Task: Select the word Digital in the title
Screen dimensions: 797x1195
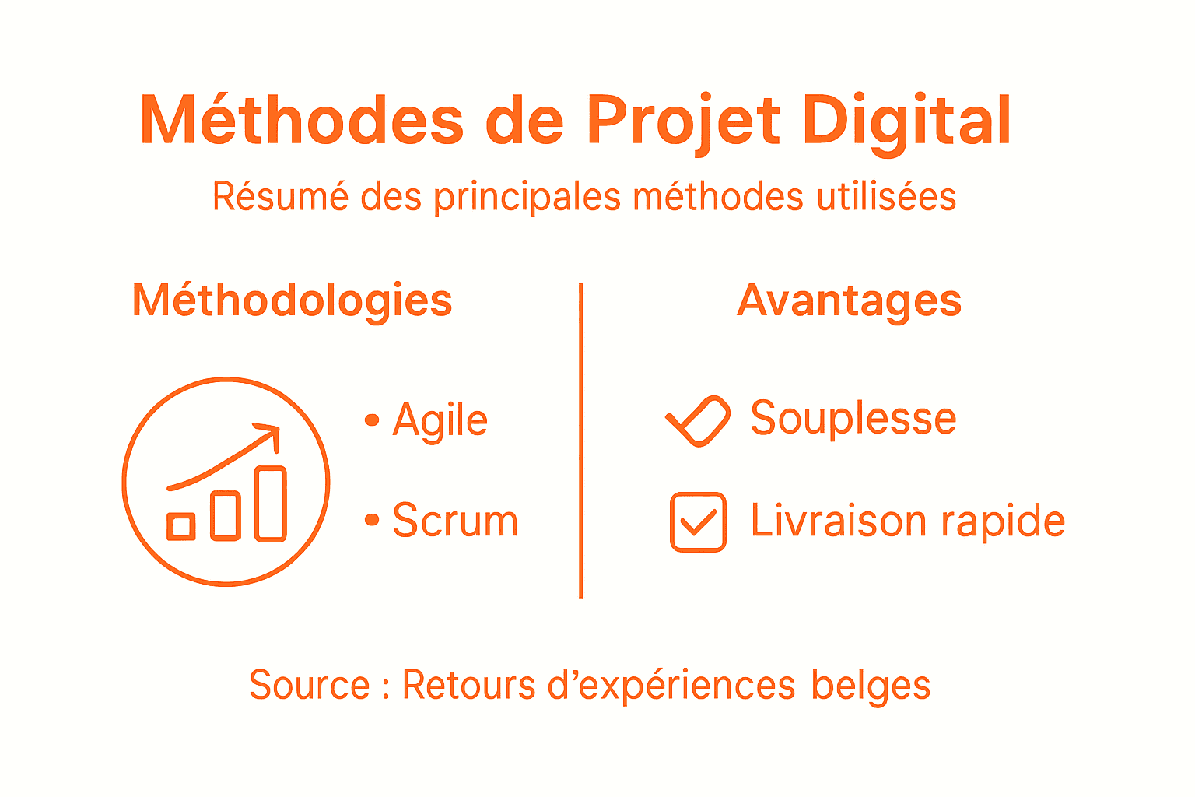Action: point(907,121)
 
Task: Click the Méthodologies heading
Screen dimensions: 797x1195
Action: point(292,300)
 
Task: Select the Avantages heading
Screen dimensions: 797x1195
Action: point(849,300)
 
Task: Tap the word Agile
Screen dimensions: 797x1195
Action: point(440,420)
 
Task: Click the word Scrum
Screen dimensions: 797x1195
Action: point(455,521)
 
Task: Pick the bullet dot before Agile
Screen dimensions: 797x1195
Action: point(372,420)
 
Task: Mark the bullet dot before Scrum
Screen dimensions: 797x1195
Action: point(372,519)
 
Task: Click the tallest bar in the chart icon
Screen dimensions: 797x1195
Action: point(271,504)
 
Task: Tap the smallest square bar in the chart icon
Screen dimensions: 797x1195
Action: point(181,527)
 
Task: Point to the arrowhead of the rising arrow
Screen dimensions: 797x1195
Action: point(270,433)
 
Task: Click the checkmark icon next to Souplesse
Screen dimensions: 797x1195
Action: point(698,421)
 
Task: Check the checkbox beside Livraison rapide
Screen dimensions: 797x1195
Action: point(698,522)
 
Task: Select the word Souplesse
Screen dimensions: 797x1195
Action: point(853,419)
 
